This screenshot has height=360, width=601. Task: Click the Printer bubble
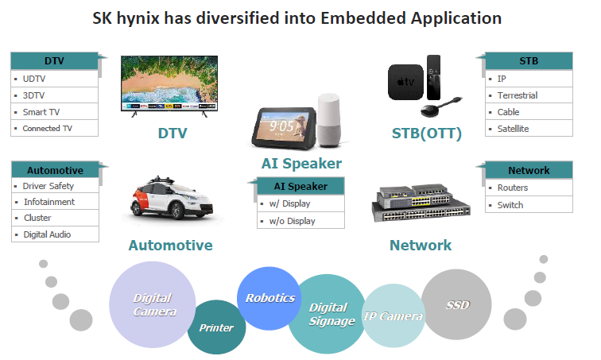pyautogui.click(x=216, y=327)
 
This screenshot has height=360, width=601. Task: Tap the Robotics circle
pyautogui.click(x=269, y=298)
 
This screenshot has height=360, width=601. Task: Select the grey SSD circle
pyautogui.click(x=456, y=304)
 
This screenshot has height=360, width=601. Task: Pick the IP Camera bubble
pyautogui.click(x=394, y=315)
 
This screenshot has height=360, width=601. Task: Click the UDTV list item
pyautogui.click(x=33, y=79)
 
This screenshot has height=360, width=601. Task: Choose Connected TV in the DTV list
pyautogui.click(x=47, y=129)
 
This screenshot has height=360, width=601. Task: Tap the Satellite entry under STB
pyautogui.click(x=513, y=129)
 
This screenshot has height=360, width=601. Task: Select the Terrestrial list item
pyautogui.click(x=518, y=95)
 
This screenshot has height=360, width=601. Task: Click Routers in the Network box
pyautogui.click(x=513, y=188)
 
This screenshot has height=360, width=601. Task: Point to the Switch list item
pyautogui.click(x=510, y=205)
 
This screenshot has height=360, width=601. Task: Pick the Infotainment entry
pyautogui.click(x=49, y=202)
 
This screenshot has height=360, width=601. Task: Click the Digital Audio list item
pyautogui.click(x=47, y=234)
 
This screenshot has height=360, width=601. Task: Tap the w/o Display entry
pyautogui.click(x=292, y=221)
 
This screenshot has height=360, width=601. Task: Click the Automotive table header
pyautogui.click(x=55, y=170)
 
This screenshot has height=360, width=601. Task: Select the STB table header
pyautogui.click(x=529, y=61)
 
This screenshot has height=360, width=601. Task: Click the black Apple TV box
pyautogui.click(x=405, y=82)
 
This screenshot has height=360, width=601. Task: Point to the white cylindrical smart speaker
pyautogui.click(x=329, y=120)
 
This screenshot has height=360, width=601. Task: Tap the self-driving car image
pyautogui.click(x=172, y=198)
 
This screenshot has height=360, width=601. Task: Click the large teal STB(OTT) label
pyautogui.click(x=427, y=134)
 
